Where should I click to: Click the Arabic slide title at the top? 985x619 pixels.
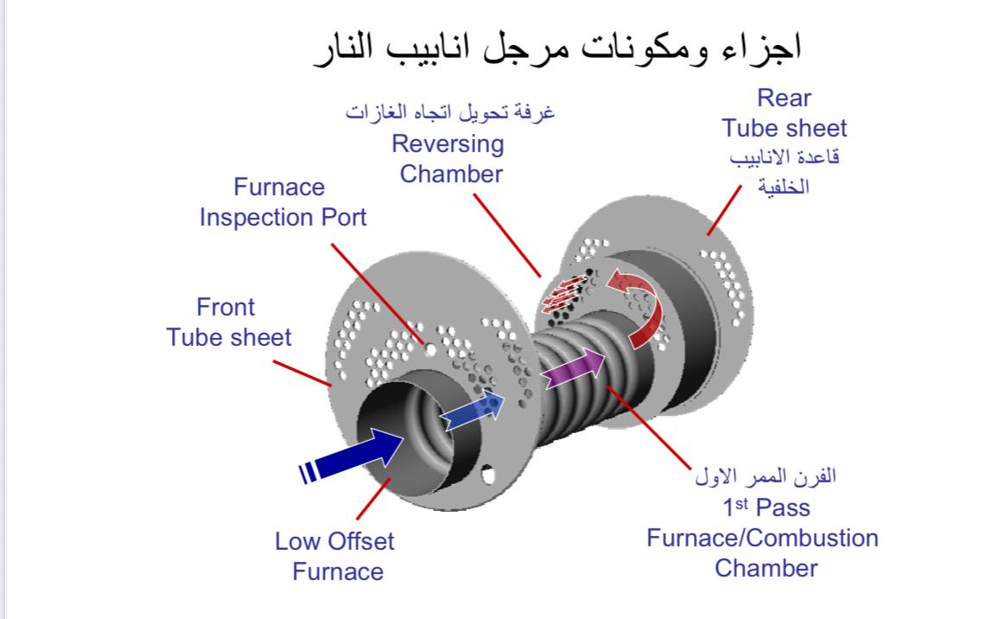pos(557,48)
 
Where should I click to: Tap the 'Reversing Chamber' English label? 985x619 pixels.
pos(451,158)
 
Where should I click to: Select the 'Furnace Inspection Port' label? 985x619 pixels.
pos(283,201)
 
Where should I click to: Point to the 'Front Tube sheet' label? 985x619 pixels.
pos(229,322)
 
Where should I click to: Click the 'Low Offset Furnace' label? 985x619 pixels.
pos(334,556)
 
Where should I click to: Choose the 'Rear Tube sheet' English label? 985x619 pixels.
pos(785,113)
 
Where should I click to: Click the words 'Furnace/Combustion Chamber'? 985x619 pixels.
pos(763,552)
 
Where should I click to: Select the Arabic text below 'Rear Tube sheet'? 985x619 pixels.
pos(784,172)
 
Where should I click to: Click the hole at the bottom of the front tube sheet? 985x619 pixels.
pos(488,474)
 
